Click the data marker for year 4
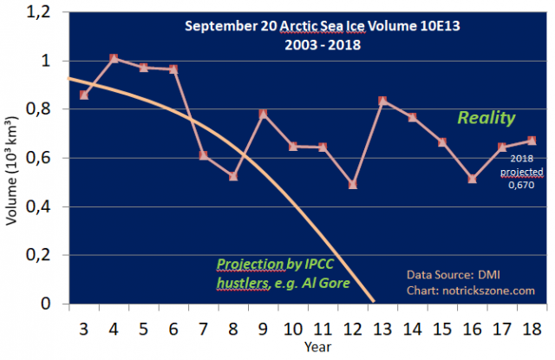(x=114, y=58)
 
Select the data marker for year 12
(x=353, y=185)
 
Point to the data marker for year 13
(x=382, y=101)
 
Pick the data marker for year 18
(x=532, y=141)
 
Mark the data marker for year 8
(x=233, y=177)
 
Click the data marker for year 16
(x=472, y=179)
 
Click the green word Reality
(x=487, y=117)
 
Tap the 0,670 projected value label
(x=522, y=184)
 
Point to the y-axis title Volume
(x=12, y=187)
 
